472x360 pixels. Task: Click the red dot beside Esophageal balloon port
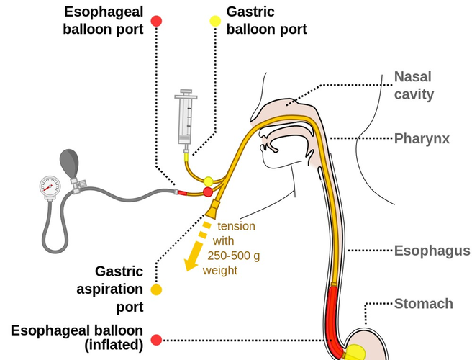(x=157, y=21)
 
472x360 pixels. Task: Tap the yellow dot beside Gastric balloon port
(x=214, y=21)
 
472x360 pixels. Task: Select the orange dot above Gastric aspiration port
(x=157, y=290)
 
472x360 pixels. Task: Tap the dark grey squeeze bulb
(x=72, y=163)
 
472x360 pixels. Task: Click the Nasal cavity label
(x=414, y=85)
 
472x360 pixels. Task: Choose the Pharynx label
(x=422, y=138)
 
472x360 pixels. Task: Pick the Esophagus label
(x=432, y=251)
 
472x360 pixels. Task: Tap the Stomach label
(x=423, y=303)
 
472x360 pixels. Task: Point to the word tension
(x=236, y=226)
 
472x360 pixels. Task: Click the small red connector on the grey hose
(x=181, y=192)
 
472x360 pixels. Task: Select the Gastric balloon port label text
(x=266, y=21)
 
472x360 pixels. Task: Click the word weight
(x=219, y=271)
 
